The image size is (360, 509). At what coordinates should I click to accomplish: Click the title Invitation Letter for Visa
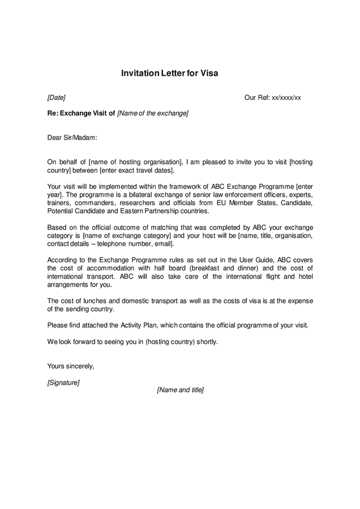pyautogui.click(x=169, y=74)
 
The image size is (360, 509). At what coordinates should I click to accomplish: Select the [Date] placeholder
pyautogui.click(x=57, y=97)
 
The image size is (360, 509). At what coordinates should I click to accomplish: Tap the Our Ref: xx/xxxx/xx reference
pyautogui.click(x=272, y=97)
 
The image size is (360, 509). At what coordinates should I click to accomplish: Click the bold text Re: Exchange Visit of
pyautogui.click(x=81, y=113)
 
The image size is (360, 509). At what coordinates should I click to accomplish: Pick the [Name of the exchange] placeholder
pyautogui.click(x=152, y=113)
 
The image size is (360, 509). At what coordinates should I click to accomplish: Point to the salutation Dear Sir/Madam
pyautogui.click(x=72, y=137)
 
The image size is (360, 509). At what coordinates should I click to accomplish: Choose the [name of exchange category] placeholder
pyautogui.click(x=127, y=235)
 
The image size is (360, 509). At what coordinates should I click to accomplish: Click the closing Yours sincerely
pyautogui.click(x=71, y=366)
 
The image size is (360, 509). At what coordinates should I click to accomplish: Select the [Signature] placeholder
pyautogui.click(x=63, y=382)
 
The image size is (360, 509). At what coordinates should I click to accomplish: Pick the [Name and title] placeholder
pyautogui.click(x=180, y=390)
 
